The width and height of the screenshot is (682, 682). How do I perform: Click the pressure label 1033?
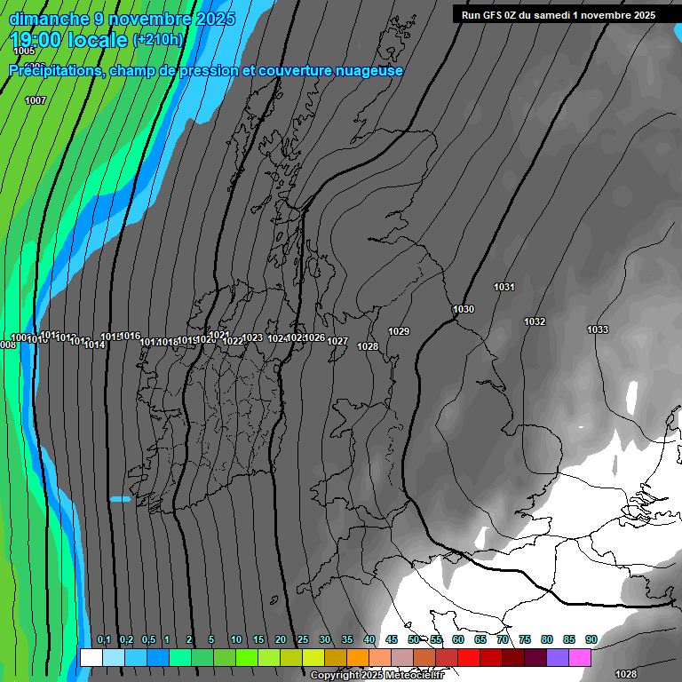click(x=598, y=330)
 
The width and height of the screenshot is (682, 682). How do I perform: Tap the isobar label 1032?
click(x=535, y=321)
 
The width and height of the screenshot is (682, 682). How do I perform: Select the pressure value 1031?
click(x=504, y=287)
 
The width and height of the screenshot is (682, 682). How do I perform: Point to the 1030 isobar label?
click(x=464, y=309)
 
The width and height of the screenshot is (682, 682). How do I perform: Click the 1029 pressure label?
click(x=399, y=331)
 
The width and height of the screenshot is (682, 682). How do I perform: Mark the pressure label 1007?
click(x=36, y=100)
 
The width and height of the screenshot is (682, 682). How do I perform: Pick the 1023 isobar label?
click(x=252, y=337)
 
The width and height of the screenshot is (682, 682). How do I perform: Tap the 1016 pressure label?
click(x=130, y=336)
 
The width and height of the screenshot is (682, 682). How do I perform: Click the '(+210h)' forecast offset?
click(x=158, y=40)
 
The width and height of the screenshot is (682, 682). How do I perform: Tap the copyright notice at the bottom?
click(x=377, y=676)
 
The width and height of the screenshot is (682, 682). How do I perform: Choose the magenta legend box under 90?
click(x=580, y=657)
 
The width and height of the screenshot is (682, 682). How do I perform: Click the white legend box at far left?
click(x=91, y=657)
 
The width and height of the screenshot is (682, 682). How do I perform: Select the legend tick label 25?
click(x=302, y=640)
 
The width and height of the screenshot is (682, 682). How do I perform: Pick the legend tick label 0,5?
click(x=147, y=640)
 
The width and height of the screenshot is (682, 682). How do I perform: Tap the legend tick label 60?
click(x=458, y=640)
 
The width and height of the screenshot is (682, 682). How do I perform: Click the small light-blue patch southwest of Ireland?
click(x=120, y=499)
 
